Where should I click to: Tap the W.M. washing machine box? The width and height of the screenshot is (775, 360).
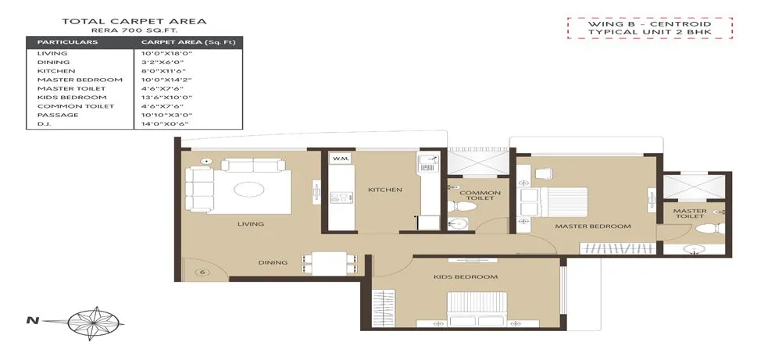point(341,159)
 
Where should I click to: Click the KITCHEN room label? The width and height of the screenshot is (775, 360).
point(385,190)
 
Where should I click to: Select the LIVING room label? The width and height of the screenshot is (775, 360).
point(251,224)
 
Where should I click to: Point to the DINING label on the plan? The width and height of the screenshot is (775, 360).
point(273,262)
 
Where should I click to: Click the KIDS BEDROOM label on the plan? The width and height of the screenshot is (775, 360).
point(466,277)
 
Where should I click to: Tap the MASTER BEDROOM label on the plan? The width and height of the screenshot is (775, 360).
point(592,226)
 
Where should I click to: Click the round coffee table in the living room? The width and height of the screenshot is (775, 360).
point(250,189)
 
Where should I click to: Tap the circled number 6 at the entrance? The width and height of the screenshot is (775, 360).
point(202,272)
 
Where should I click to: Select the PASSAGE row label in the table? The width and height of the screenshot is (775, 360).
point(54,115)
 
